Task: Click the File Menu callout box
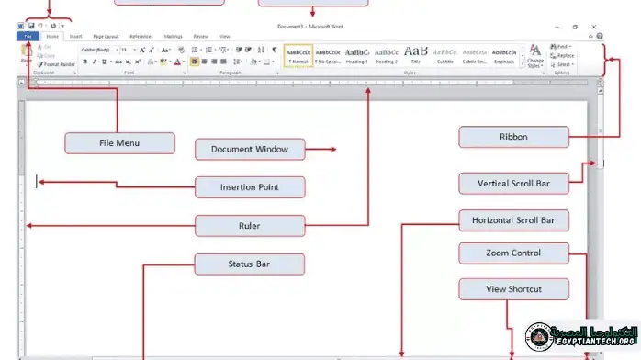(x=119, y=143)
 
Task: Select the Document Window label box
(x=249, y=150)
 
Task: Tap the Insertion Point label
(x=249, y=187)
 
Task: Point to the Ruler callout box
(x=249, y=225)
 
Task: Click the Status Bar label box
(x=249, y=264)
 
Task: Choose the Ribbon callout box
(x=513, y=137)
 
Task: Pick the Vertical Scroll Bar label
(x=513, y=183)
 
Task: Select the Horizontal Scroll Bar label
(x=513, y=220)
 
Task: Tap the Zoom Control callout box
(x=513, y=253)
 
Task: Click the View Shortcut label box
(x=513, y=289)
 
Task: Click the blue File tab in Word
(x=27, y=36)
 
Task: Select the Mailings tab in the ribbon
(x=173, y=36)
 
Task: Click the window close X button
(x=598, y=27)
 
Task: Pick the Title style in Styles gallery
(x=415, y=56)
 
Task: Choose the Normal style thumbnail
(x=298, y=56)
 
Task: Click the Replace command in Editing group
(x=565, y=55)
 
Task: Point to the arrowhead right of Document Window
(x=333, y=150)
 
